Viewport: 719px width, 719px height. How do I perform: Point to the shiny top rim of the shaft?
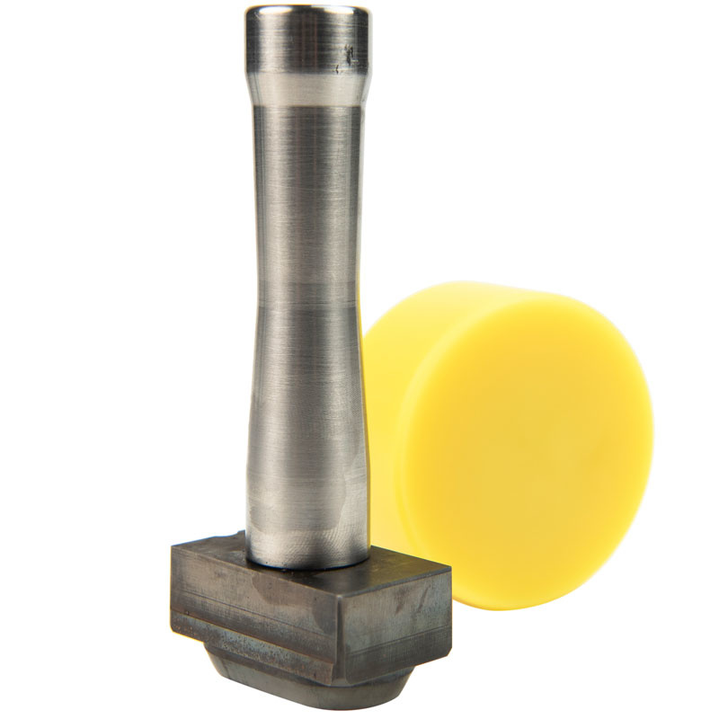306,13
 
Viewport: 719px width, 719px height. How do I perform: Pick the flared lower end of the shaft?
306,512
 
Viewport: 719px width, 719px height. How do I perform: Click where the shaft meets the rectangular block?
306,564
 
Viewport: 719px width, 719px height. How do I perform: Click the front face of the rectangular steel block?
261,611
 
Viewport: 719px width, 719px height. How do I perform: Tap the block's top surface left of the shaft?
211,548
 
